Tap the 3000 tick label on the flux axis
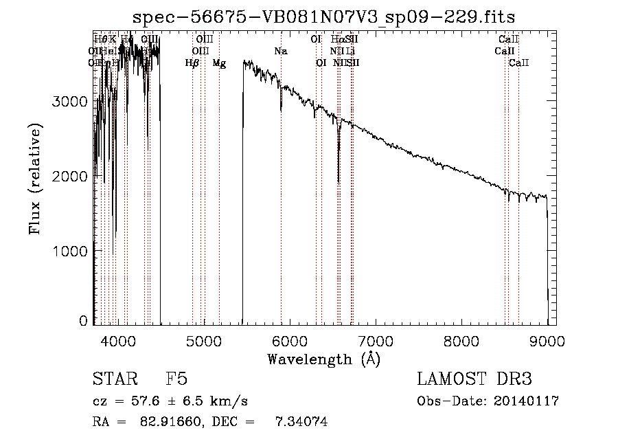coord(70,101)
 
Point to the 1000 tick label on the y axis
coord(70,252)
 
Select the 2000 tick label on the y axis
coord(70,176)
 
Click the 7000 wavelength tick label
coord(375,340)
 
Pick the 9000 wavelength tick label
coord(547,340)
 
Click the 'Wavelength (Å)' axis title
coord(323,359)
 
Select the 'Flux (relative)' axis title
coord(34,179)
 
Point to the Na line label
coord(280,51)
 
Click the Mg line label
coord(219,63)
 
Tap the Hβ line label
coord(192,63)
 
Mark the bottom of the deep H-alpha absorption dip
coord(339,182)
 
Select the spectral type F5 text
coord(176,379)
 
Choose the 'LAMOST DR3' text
coord(474,379)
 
